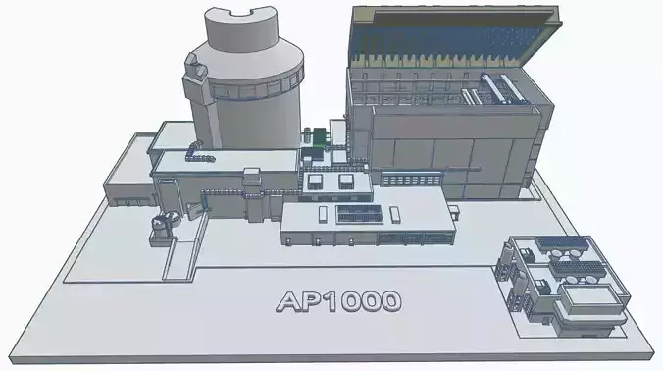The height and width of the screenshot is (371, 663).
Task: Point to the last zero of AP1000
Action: click(x=387, y=301)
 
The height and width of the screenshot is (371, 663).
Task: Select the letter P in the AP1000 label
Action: click(x=313, y=301)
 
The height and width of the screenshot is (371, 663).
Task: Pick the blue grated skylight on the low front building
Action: click(x=352, y=213)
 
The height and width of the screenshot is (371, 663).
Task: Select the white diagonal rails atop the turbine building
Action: click(x=495, y=90)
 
